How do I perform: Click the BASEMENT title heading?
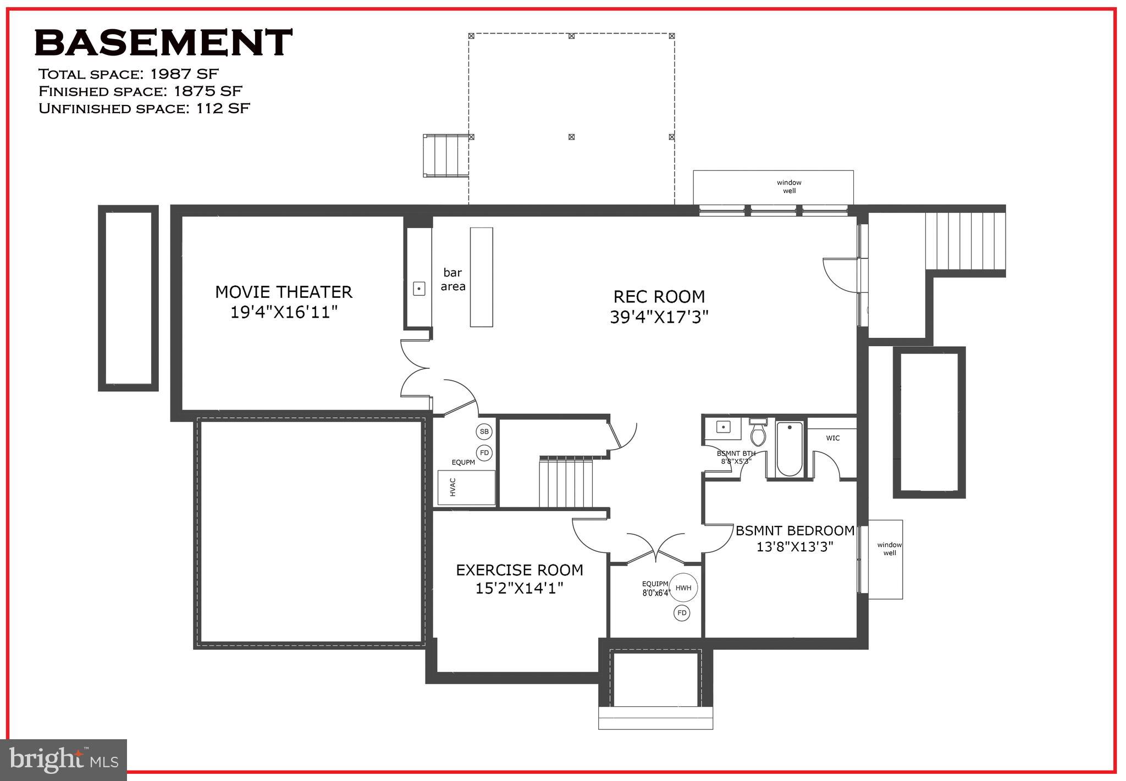[x=163, y=43]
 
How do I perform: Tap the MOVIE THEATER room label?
[x=283, y=292]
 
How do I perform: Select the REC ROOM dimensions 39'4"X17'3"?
[x=659, y=317]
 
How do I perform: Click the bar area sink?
[x=419, y=288]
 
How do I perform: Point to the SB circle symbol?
[x=484, y=431]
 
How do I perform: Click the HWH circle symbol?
[x=683, y=588]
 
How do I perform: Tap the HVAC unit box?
[x=466, y=488]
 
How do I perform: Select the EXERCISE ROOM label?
[x=519, y=570]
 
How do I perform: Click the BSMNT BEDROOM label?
[x=794, y=531]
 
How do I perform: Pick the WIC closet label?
[x=832, y=438]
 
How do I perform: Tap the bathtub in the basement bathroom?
[x=790, y=449]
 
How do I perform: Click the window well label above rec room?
[x=788, y=186]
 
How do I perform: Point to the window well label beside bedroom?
[x=889, y=549]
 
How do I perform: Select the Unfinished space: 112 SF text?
[x=144, y=108]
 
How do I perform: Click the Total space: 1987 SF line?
[x=128, y=74]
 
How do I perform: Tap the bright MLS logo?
[x=63, y=760]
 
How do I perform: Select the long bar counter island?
[x=481, y=277]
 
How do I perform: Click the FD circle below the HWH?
[x=682, y=613]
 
